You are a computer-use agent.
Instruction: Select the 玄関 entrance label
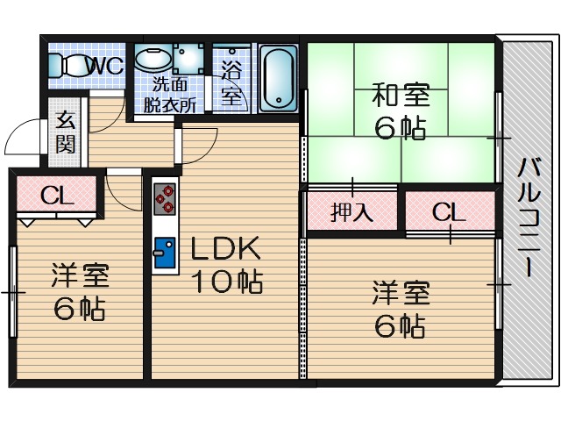[66, 133]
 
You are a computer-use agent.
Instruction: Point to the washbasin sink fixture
[155, 60]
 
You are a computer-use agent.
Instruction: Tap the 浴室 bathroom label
[231, 82]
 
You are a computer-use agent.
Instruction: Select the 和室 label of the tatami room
[400, 92]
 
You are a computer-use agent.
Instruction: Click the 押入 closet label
[352, 212]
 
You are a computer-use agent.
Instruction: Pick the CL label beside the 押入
[447, 211]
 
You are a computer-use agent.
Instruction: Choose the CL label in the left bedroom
[55, 195]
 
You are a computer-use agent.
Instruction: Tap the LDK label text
[226, 249]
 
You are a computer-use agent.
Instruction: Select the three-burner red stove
[164, 200]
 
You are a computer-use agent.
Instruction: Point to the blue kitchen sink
[164, 253]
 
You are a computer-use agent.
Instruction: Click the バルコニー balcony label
[527, 216]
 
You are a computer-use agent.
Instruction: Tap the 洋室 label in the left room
[79, 275]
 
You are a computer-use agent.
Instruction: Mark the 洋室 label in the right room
[400, 292]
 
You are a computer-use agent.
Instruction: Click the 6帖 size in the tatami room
[400, 128]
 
